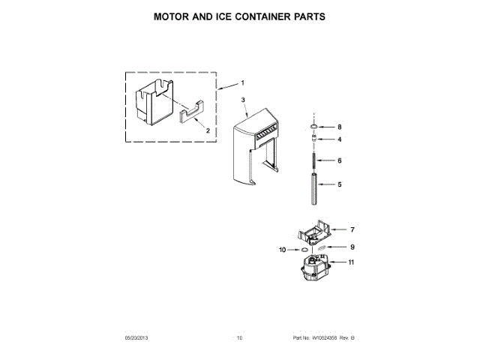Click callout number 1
click(242, 82)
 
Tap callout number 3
click(243, 100)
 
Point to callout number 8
click(339, 127)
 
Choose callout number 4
click(339, 139)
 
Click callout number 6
click(339, 160)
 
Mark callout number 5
click(339, 184)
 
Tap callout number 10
click(282, 249)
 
